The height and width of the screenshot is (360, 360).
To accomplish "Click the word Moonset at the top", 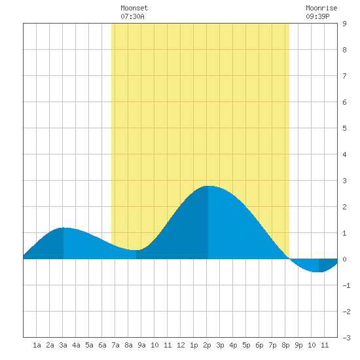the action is click(134, 8).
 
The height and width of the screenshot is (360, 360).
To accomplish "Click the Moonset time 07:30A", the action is click(132, 16).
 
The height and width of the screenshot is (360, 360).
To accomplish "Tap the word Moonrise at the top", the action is click(321, 8).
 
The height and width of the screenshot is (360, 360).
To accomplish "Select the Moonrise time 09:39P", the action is click(317, 16).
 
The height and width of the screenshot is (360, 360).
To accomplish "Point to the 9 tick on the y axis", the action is click(344, 24).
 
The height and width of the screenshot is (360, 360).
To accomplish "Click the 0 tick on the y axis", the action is click(344, 259).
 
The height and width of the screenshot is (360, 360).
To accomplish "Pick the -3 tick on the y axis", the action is click(346, 338).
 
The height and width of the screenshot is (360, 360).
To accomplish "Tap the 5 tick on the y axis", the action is click(344, 128).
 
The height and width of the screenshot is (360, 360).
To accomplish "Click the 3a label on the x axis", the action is click(63, 345).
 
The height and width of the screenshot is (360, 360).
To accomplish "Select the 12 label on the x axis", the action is click(181, 345).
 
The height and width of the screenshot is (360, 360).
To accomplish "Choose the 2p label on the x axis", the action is click(207, 345).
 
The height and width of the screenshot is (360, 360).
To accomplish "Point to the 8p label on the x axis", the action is click(285, 345).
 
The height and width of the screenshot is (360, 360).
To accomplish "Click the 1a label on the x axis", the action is click(37, 345).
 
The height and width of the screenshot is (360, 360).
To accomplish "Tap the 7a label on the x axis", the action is click(115, 345).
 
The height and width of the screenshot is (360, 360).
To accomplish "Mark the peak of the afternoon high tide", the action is click(208, 186).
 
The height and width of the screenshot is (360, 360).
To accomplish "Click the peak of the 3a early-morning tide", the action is click(63, 228).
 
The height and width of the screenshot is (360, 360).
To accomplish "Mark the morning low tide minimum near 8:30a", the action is click(136, 250).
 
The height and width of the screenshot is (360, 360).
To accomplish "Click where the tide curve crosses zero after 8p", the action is click(289, 259).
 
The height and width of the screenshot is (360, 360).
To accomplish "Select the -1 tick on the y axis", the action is click(346, 285).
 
